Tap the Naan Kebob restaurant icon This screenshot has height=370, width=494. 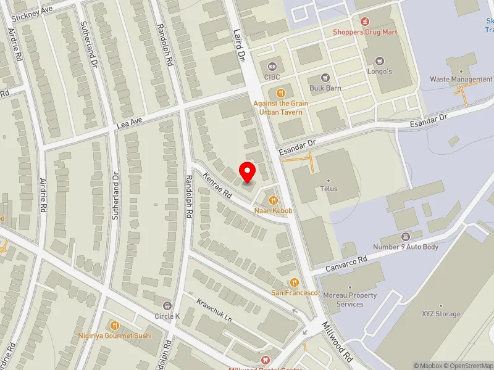[x=272, y=200]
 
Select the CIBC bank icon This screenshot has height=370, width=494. [x=272, y=67]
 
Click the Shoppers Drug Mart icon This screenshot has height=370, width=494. [x=365, y=21]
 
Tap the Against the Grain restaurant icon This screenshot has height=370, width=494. [x=281, y=92]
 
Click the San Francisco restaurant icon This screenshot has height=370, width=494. [x=295, y=282]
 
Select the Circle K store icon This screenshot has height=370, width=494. [x=167, y=306]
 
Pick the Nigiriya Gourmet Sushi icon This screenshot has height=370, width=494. [x=115, y=325]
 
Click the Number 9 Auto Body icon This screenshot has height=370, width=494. [x=406, y=237]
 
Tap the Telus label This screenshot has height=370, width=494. [x=329, y=189]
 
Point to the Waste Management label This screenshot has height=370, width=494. [x=461, y=80]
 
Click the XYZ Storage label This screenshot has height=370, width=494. [x=441, y=314]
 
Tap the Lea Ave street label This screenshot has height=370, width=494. [x=130, y=124]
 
